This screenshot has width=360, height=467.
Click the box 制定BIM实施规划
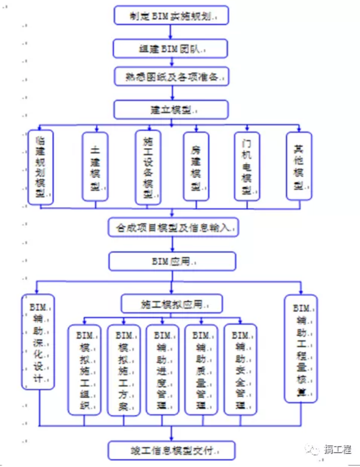point(171,16)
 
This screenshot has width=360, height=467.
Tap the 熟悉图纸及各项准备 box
point(171,77)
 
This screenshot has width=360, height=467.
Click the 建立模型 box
point(171,109)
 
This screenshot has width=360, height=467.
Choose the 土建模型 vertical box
point(95,166)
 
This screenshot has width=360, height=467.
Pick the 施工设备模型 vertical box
point(148,167)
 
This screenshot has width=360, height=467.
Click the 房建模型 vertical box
point(196,166)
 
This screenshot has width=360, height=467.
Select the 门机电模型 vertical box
point(247,166)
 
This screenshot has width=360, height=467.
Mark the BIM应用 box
point(172,260)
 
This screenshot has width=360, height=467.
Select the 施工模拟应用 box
point(172,304)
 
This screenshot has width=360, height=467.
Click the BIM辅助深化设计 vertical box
point(38,342)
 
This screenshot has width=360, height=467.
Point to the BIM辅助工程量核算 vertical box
point(301,348)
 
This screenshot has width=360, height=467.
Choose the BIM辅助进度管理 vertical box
point(163,369)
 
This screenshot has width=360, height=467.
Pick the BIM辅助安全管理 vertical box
point(240,369)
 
